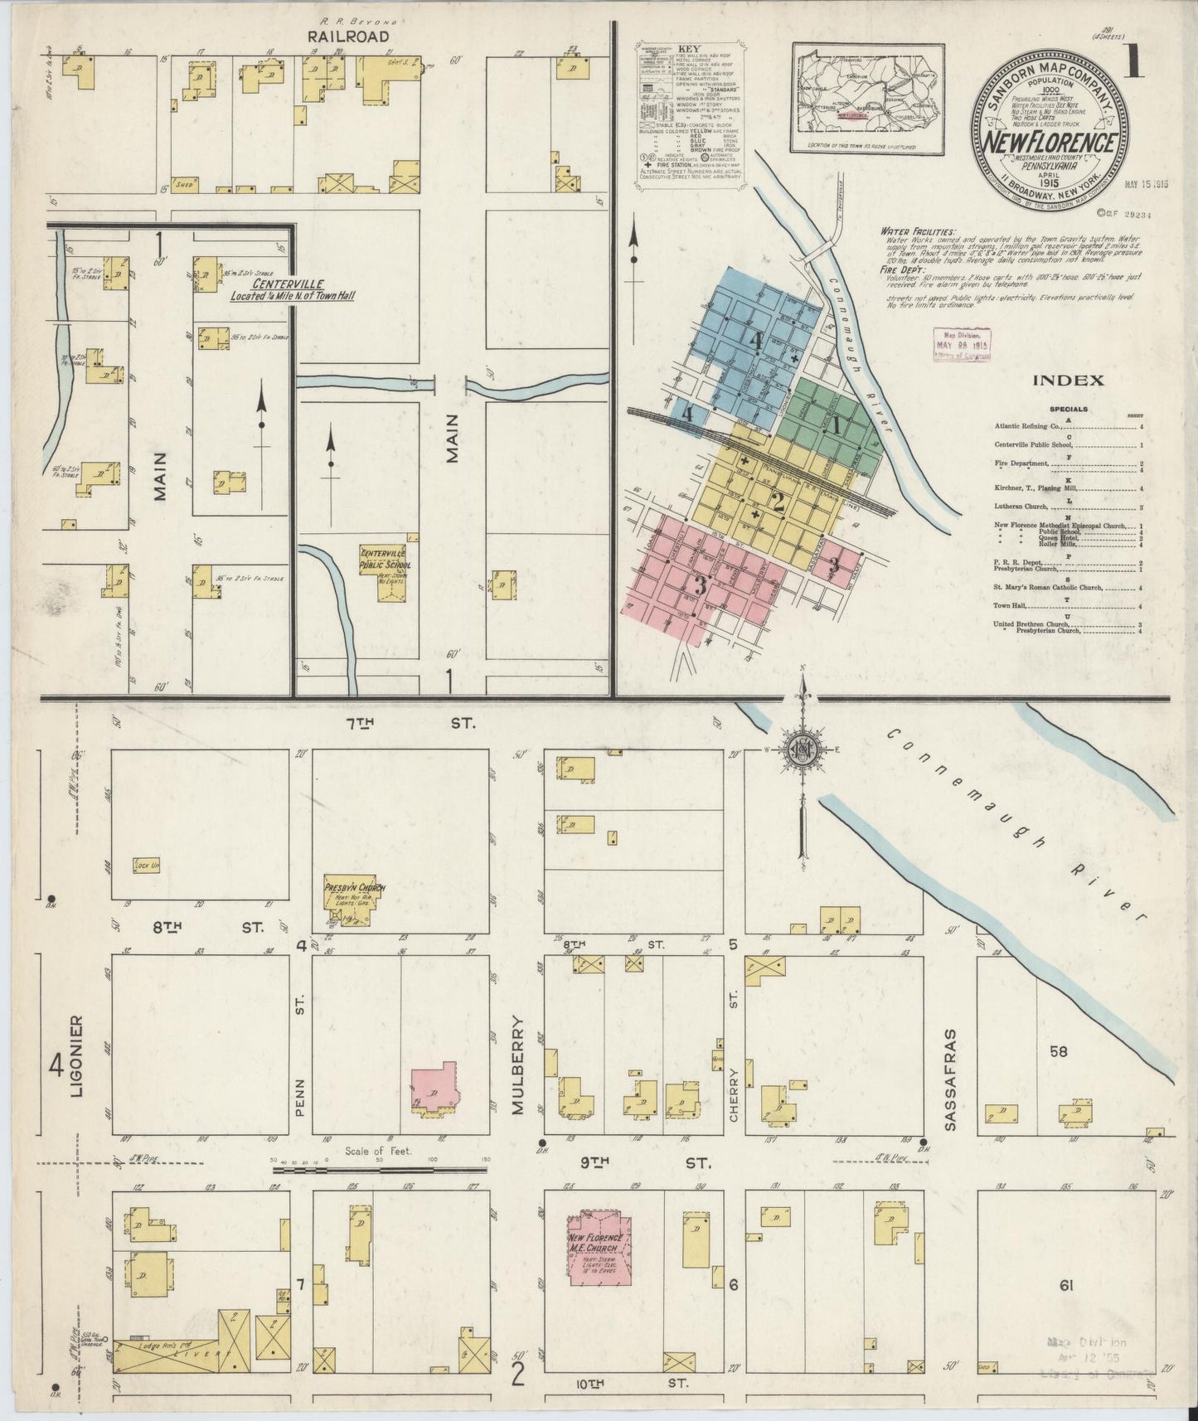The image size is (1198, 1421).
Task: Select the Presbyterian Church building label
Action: (355, 889)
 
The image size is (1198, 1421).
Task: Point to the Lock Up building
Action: (146, 866)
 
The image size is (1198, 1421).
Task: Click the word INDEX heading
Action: (1068, 381)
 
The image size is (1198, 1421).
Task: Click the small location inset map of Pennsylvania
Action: (867, 99)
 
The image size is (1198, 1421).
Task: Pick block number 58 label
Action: (1059, 1052)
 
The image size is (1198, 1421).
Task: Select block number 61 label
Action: (1067, 1287)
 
